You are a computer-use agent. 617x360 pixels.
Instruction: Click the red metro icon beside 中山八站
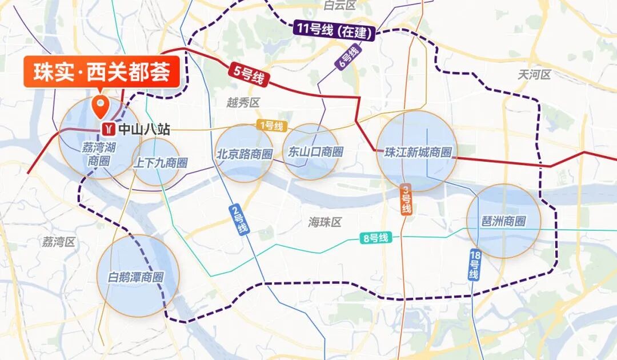tap(107, 129)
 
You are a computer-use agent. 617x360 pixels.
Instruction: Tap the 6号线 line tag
tap(348, 58)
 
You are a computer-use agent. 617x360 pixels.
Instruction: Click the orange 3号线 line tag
tap(406, 199)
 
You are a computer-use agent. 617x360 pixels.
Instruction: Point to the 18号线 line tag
tap(474, 265)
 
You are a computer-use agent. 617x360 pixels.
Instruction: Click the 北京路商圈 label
tap(244, 153)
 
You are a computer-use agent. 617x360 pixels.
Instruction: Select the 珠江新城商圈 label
tap(418, 153)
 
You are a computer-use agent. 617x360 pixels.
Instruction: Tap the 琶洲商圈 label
tap(503, 221)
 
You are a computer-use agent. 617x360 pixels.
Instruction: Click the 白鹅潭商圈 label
tap(136, 278)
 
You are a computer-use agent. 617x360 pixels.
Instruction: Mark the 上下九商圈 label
tap(160, 163)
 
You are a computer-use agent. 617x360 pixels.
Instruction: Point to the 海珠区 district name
tap(324, 222)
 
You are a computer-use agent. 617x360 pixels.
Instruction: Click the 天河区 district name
tap(535, 74)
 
